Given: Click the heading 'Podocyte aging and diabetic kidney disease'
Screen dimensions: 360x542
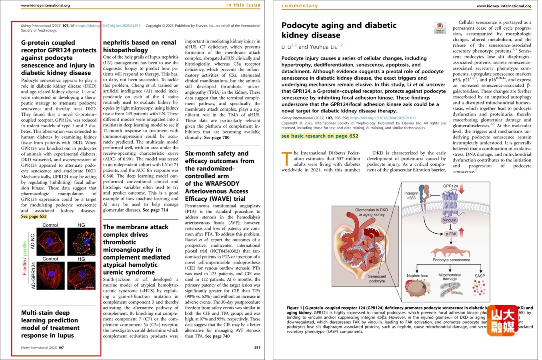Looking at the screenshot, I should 339,30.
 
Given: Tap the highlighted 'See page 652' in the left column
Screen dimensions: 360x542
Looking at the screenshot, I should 34,216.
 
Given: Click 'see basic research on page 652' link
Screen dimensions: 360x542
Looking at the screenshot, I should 320,136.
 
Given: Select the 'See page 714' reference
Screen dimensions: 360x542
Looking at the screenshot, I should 155,210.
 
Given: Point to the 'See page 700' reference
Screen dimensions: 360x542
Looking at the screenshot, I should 217,138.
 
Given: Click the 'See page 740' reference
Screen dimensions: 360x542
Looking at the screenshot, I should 217,336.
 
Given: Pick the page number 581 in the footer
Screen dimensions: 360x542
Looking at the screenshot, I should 257,348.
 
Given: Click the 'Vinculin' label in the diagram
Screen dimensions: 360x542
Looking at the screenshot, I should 450,220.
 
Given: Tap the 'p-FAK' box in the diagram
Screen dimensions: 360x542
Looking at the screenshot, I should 451,234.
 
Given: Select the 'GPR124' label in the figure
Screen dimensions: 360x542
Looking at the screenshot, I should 450,186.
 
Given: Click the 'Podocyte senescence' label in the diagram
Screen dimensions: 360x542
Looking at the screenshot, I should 451,260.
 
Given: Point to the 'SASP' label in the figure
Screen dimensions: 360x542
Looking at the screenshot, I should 480,276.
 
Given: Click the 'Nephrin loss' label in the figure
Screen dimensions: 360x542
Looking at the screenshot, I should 417,276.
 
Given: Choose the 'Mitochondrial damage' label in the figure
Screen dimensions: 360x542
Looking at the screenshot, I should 450,277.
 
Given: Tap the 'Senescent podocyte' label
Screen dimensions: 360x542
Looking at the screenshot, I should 377,278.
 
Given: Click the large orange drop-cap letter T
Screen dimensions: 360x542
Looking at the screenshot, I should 286,158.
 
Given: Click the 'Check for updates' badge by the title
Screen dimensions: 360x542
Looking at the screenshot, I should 440,28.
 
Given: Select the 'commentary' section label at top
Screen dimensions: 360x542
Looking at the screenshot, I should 300,6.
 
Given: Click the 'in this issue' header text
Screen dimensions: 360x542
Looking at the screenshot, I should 243,5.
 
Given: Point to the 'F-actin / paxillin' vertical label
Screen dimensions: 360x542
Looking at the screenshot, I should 25,258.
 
